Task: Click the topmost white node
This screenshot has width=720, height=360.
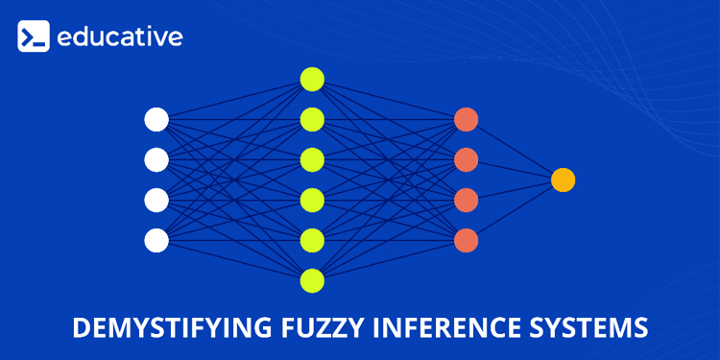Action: click(156, 120)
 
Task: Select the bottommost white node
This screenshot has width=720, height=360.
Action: click(156, 239)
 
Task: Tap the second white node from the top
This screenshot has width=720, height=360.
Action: click(156, 159)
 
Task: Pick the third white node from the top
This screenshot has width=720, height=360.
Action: click(156, 200)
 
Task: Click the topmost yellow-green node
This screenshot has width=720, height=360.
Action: click(312, 79)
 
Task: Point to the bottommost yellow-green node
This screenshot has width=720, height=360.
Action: click(312, 280)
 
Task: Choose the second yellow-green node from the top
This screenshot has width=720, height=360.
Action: click(312, 119)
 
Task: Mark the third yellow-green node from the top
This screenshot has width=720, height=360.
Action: click(312, 159)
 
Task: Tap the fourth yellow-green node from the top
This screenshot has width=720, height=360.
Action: click(312, 200)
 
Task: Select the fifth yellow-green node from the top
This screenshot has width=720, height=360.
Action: click(312, 240)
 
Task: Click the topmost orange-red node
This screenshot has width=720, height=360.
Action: click(467, 120)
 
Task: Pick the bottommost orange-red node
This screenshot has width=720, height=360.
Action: click(467, 239)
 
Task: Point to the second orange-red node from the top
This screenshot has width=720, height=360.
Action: click(467, 159)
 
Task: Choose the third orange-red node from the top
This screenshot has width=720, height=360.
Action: click(467, 200)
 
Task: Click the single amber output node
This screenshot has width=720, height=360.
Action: click(564, 180)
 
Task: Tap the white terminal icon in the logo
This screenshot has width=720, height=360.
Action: click(34, 38)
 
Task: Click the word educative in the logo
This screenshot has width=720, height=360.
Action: click(119, 38)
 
